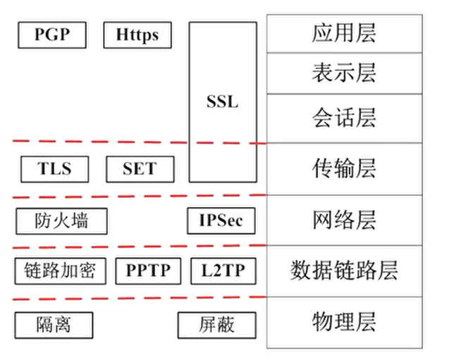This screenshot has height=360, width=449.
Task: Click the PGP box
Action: point(52,35)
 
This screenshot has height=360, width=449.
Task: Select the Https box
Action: point(137,35)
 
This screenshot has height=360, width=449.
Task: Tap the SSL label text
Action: point(223,101)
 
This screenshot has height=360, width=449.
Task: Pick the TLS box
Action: point(55,169)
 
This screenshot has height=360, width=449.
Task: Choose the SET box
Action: point(140,169)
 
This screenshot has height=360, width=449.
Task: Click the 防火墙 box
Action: point(61,221)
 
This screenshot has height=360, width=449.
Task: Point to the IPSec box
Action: point(221,221)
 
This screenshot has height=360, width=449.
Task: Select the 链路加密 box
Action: point(61,271)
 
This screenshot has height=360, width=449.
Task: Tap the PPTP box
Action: point(148,271)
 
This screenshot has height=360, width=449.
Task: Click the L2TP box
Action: point(223,271)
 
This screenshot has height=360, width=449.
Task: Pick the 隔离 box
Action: point(54,325)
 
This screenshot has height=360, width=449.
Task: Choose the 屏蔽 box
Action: point(217,325)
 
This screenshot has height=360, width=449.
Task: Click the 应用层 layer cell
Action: point(345,34)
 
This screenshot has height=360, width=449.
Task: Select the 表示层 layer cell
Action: point(345,73)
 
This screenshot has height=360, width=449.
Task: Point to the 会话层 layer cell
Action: point(345,118)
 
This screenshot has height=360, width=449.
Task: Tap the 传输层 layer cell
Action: point(345,169)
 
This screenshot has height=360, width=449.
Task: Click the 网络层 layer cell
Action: point(345,220)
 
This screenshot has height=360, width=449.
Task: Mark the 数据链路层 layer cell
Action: point(345,271)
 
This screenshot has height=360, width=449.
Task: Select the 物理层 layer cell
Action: point(345,323)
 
